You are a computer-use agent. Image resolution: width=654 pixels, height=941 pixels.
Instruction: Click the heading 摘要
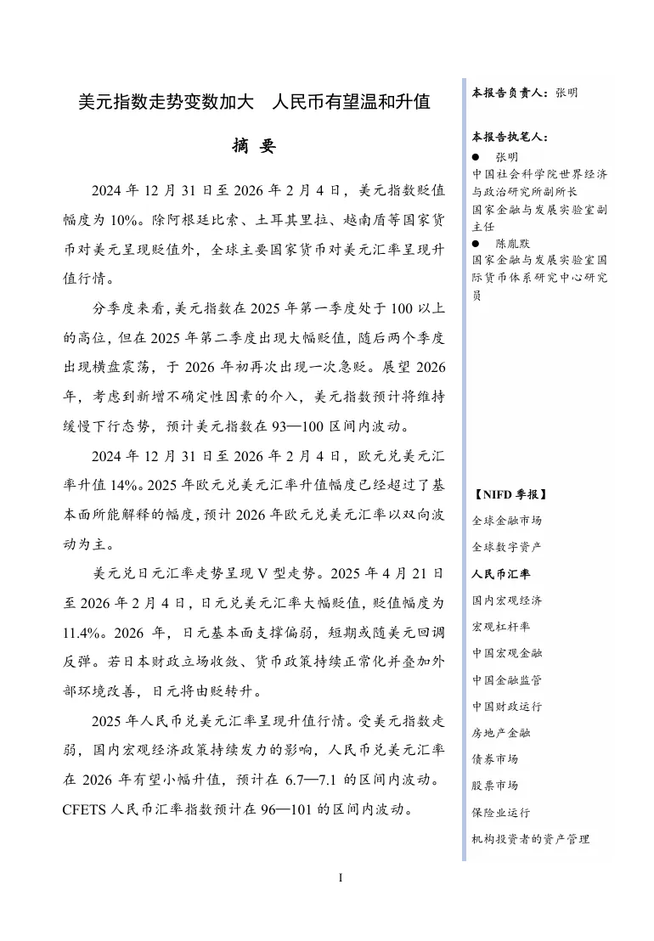(254, 146)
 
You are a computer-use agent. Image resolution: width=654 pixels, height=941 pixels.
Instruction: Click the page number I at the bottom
(340, 876)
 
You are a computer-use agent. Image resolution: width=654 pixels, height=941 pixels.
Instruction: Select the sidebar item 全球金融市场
(507, 521)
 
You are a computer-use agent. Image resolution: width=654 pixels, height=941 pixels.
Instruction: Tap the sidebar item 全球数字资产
(507, 547)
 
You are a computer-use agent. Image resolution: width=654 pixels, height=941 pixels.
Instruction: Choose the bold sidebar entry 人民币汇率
(501, 573)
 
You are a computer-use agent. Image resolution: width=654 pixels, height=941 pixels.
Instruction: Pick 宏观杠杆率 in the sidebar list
(501, 627)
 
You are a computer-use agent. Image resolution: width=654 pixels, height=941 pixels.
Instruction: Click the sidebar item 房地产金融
(501, 732)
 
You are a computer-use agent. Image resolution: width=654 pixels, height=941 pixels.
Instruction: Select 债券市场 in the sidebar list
(495, 758)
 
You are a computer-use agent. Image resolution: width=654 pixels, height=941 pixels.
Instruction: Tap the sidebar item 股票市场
(495, 785)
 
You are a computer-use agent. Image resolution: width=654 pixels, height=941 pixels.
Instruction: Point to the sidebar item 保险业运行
(501, 812)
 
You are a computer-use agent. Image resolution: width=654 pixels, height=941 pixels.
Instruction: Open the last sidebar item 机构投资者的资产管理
(531, 838)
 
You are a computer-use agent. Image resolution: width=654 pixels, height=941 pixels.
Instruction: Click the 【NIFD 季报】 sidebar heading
(510, 494)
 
